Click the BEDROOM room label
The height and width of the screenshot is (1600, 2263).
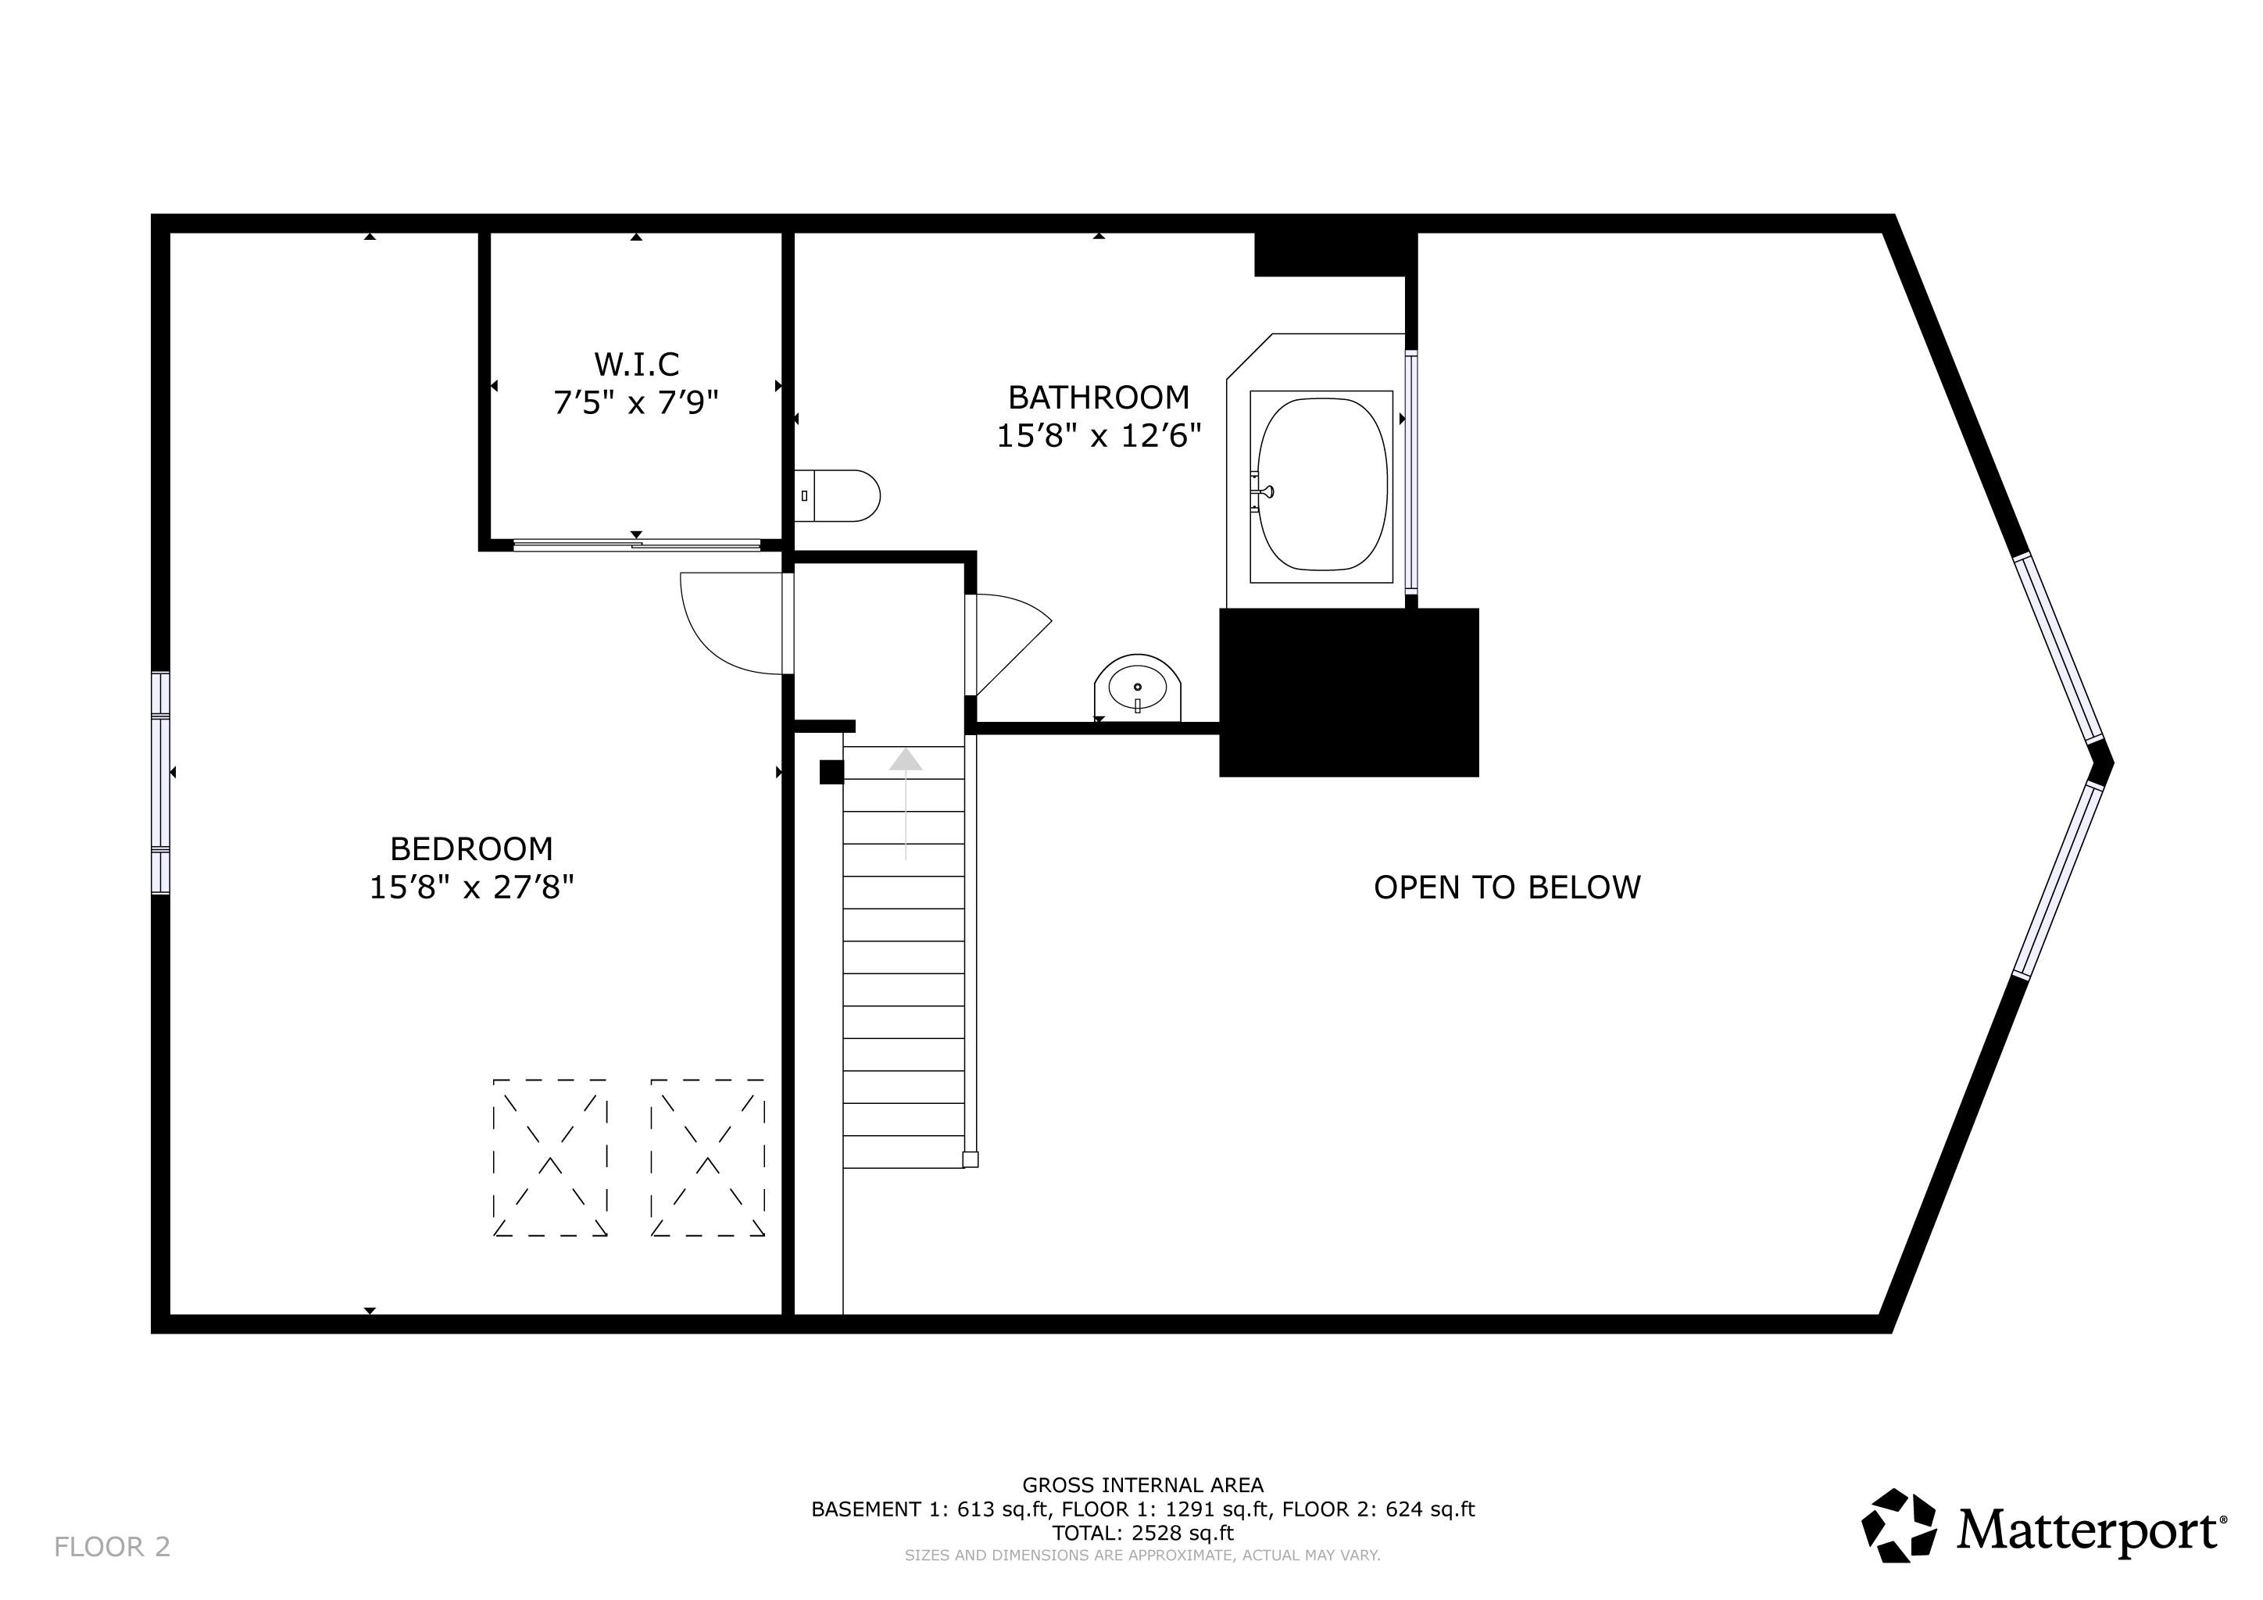471,848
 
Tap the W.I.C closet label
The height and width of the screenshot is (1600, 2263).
637,365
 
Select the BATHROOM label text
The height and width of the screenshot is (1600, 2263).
1098,397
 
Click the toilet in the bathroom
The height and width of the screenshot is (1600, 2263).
838,495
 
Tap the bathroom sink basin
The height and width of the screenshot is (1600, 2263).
1138,687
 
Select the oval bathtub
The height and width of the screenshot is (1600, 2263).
1321,484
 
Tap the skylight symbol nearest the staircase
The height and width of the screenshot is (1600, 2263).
708,1158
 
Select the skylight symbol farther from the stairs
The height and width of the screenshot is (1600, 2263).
550,1158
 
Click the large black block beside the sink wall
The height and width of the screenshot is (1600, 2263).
1348,693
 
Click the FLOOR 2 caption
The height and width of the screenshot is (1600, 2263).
113,1547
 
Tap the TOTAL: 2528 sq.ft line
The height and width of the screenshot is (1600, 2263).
1142,1533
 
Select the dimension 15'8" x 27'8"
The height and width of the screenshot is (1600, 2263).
471,887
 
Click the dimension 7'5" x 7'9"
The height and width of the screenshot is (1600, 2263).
637,403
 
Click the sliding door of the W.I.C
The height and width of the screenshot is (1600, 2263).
637,544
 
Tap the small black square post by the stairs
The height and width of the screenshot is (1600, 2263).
831,773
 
